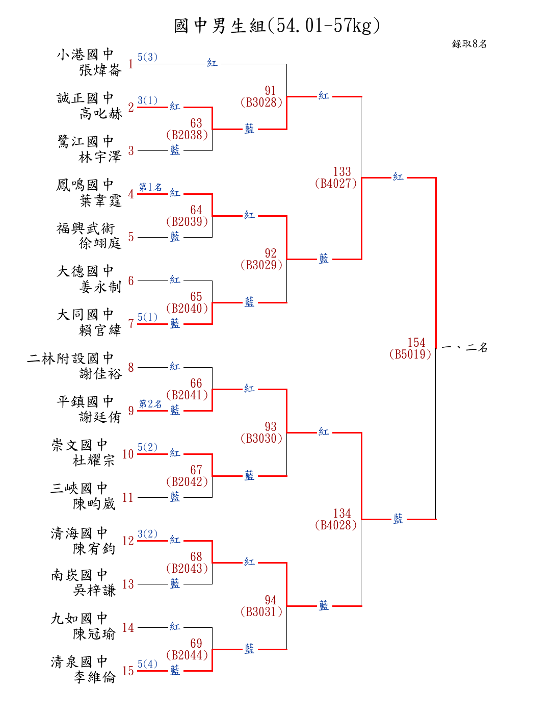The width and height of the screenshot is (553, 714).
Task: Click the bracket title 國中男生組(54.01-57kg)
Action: pyautogui.click(x=277, y=25)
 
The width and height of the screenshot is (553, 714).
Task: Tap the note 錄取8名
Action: pyautogui.click(x=469, y=44)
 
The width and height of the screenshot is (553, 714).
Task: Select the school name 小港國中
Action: pyautogui.click(x=85, y=54)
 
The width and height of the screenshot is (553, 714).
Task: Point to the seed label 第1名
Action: pyautogui.click(x=150, y=187)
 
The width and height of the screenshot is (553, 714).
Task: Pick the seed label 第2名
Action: pyautogui.click(x=150, y=404)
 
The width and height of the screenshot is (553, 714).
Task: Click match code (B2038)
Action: pyautogui.click(x=187, y=135)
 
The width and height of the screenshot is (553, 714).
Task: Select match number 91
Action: pyautogui.click(x=270, y=91)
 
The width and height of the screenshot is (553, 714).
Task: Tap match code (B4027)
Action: pyautogui.click(x=336, y=184)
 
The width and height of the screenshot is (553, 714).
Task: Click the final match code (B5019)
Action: pyautogui.click(x=410, y=354)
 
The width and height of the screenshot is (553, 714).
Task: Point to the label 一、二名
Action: pyautogui.click(x=465, y=348)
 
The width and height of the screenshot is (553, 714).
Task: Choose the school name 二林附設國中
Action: pyautogui.click(x=70, y=358)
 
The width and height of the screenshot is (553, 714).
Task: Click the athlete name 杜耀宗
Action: pyautogui.click(x=94, y=460)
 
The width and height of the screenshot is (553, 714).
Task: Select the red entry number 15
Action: pyautogui.click(x=128, y=671)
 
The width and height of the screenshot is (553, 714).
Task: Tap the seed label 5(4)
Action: pyautogui.click(x=147, y=664)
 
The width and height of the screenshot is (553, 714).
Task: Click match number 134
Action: pyautogui.click(x=342, y=514)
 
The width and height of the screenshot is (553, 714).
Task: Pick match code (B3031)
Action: pyautogui.click(x=261, y=612)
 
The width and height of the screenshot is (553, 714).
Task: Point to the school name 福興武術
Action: pyautogui.click(x=85, y=228)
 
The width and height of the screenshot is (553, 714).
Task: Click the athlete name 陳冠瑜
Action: pyautogui.click(x=94, y=634)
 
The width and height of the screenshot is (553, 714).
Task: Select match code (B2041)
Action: pyautogui.click(x=187, y=395)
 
